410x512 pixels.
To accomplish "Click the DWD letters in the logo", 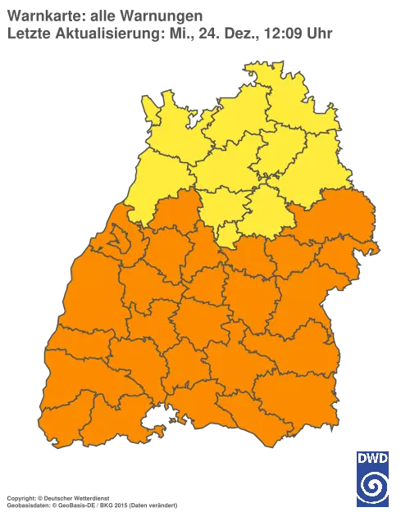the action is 373,457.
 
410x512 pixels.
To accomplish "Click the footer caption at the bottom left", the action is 90,497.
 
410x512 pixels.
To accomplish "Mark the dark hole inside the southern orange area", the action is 152,423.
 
